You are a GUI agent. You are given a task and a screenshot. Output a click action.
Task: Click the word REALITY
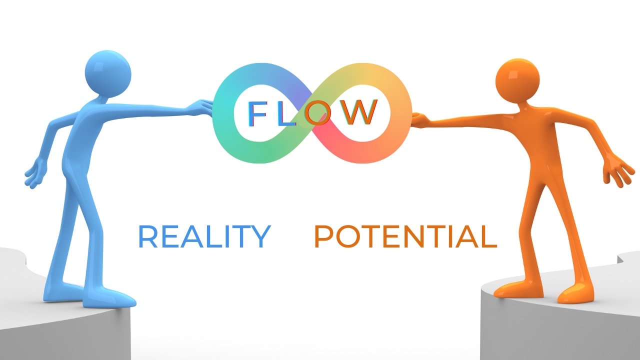click(x=204, y=237)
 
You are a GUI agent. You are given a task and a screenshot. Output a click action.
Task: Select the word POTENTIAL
click(x=405, y=237)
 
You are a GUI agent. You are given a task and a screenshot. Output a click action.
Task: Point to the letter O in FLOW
click(x=318, y=113)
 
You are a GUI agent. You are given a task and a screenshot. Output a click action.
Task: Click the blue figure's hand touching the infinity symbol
click(x=205, y=106)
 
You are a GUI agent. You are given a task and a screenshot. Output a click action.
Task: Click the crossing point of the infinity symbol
click(x=313, y=114)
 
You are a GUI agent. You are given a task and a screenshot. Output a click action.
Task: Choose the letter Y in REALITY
click(x=260, y=237)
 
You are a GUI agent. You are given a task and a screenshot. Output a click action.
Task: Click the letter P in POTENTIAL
click(x=324, y=237)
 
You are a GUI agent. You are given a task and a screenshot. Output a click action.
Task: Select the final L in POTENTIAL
click(x=488, y=237)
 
